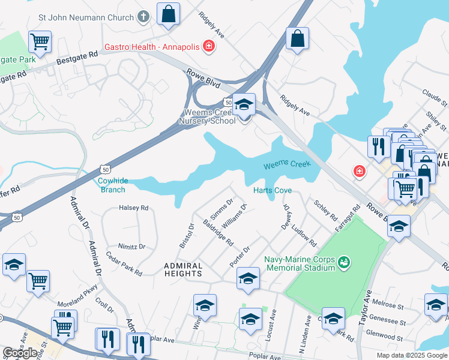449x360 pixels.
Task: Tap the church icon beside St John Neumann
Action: tap(143, 17)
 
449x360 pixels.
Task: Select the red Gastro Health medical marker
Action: tap(209, 46)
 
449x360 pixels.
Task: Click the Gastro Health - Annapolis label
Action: tap(154, 46)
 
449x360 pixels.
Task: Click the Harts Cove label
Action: tap(273, 190)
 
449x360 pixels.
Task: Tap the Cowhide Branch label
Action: tap(112, 185)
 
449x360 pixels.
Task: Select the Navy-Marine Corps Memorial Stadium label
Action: tap(300, 265)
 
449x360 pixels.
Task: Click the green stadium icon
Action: tap(343, 262)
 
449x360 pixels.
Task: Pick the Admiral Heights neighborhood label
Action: tap(183, 269)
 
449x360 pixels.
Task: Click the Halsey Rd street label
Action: tap(134, 208)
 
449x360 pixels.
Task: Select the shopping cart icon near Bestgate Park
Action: tap(40, 43)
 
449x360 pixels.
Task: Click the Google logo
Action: tap(20, 353)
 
